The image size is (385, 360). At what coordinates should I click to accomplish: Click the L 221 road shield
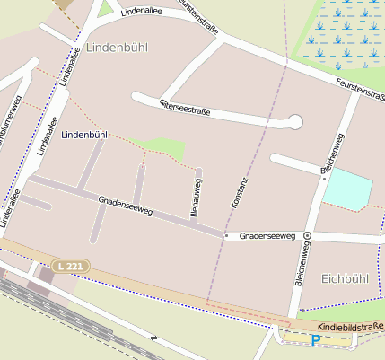pos(70,267)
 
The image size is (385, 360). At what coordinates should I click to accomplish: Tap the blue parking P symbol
pos(316,339)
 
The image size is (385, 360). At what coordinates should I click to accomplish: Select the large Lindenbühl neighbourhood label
pos(118,46)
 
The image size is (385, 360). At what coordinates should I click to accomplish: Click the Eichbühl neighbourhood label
pos(344,279)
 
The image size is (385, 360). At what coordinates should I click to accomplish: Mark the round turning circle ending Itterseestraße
pos(294,121)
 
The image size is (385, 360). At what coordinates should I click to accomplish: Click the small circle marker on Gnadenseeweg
pos(307,235)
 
